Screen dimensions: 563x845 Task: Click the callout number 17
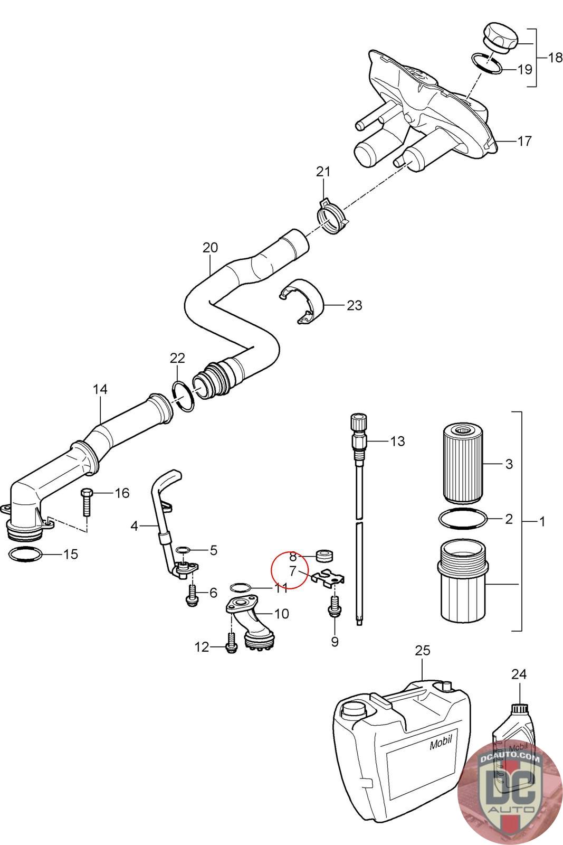click(524, 141)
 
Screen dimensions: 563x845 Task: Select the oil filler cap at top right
click(500, 36)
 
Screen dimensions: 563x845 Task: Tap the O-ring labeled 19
click(487, 63)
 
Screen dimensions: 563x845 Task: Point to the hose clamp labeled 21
click(332, 216)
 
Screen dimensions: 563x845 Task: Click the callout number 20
click(211, 248)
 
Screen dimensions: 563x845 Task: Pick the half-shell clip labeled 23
click(303, 302)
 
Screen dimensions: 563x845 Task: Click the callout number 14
click(100, 389)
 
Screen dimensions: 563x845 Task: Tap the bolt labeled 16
click(86, 503)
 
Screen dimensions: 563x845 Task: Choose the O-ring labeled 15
click(25, 554)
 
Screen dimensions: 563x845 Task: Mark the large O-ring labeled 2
click(463, 519)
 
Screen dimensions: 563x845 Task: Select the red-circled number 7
click(292, 571)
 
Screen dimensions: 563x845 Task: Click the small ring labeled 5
click(183, 549)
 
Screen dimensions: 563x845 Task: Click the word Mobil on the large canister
click(441, 743)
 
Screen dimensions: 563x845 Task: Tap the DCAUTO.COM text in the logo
click(510, 758)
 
